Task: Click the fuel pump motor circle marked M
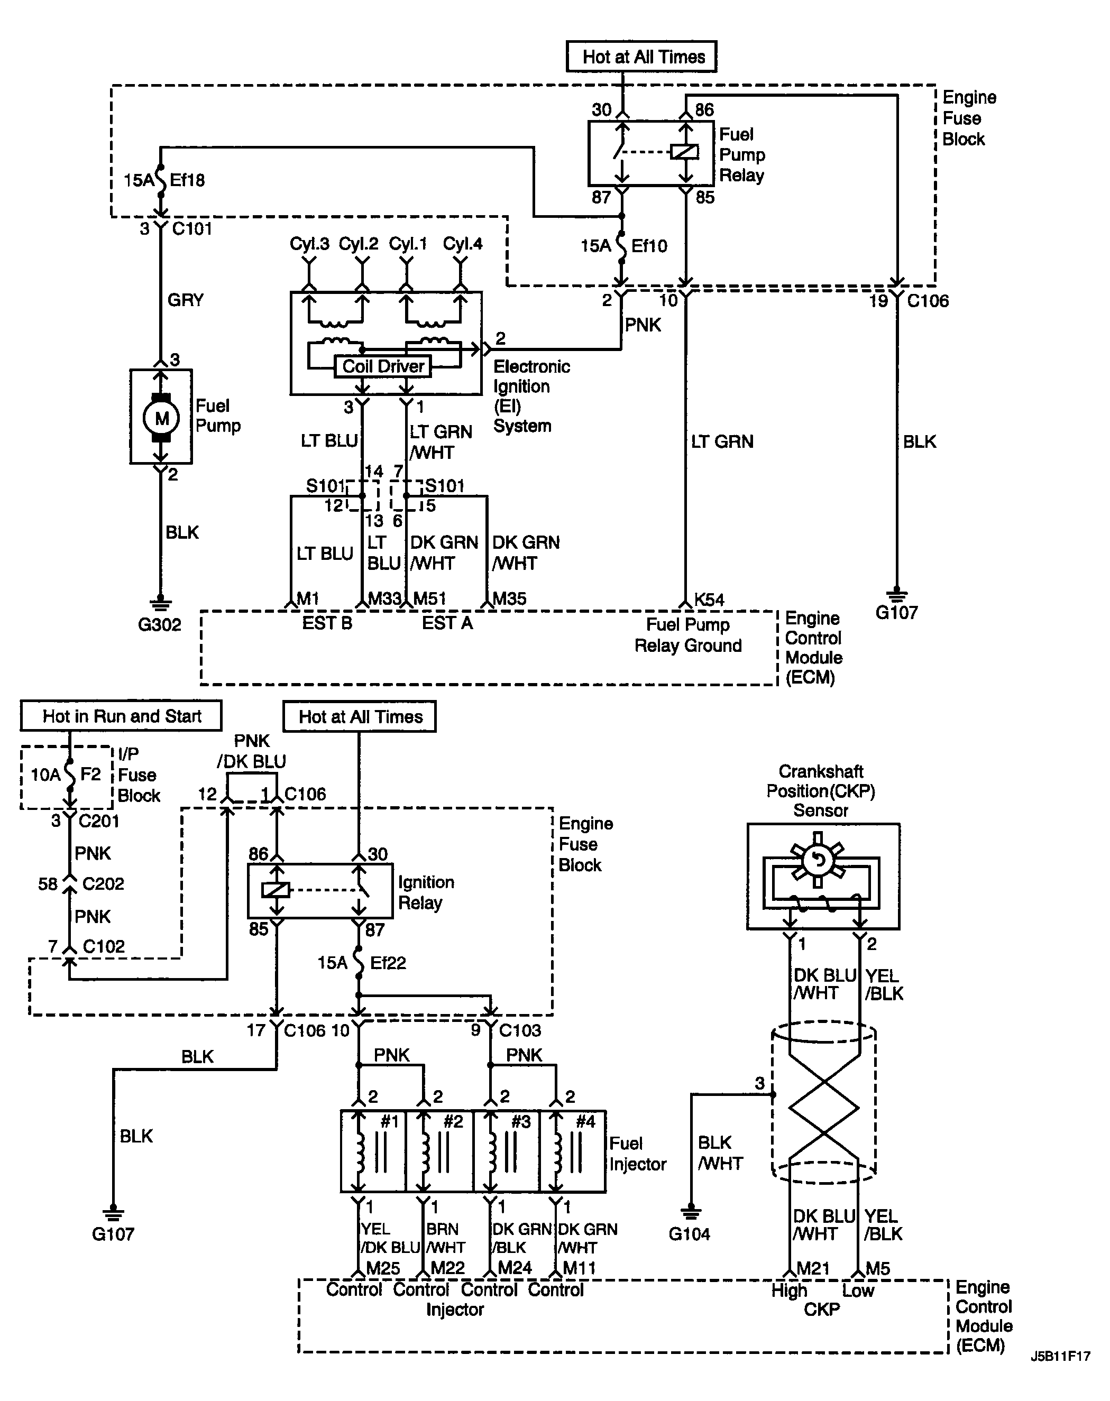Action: coord(161,417)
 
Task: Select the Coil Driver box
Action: coord(383,366)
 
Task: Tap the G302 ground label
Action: coord(160,624)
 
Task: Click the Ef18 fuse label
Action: coord(187,180)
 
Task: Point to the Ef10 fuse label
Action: coord(649,246)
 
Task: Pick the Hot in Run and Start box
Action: coord(121,715)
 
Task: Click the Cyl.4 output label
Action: coord(463,244)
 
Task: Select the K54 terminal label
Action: coord(709,599)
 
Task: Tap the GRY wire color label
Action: coord(186,300)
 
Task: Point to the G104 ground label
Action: coord(690,1234)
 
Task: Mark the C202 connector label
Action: coord(103,884)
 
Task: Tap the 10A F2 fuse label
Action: coord(66,774)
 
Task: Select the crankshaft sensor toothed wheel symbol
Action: coord(818,860)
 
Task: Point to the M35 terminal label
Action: coord(509,598)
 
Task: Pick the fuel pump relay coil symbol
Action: coord(684,152)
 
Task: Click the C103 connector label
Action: coord(520,1030)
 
